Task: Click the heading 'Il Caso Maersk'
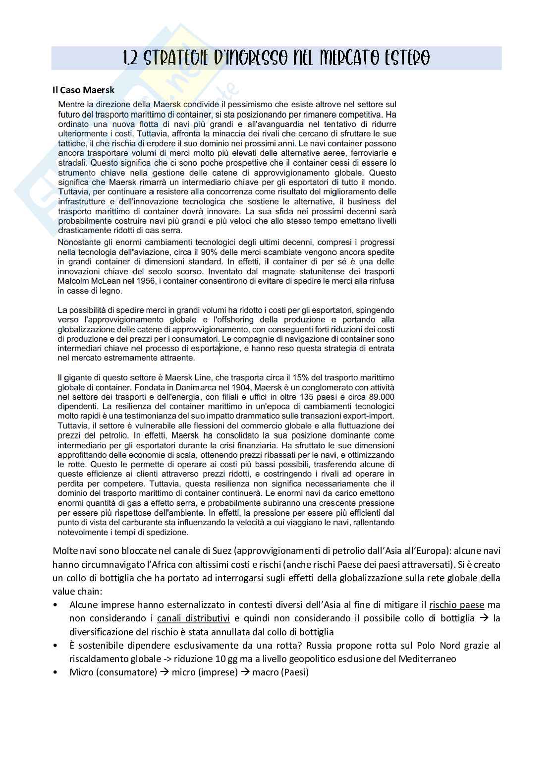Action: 84,90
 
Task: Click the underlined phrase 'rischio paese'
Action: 456,605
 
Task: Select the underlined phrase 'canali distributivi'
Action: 193,618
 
